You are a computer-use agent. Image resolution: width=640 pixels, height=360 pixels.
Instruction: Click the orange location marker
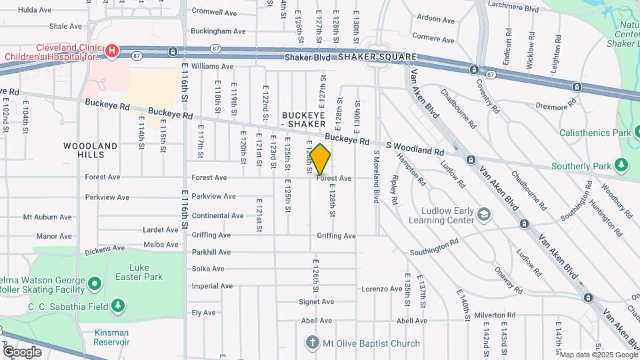[320, 159]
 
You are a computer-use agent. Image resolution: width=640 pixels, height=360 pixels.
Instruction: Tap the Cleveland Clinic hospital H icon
[112, 50]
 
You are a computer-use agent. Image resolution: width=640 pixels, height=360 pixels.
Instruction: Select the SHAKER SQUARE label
[377, 57]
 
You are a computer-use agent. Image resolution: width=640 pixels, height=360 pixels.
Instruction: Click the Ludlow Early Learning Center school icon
[483, 213]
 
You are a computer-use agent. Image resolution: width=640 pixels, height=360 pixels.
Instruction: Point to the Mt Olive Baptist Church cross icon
[311, 343]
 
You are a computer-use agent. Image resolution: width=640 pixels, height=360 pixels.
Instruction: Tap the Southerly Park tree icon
[621, 164]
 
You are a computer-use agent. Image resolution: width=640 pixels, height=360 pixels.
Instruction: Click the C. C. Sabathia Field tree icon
[118, 306]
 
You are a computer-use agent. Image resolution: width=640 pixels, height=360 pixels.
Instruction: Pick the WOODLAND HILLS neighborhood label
[91, 150]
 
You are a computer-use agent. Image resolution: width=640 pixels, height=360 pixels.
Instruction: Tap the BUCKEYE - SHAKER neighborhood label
[303, 120]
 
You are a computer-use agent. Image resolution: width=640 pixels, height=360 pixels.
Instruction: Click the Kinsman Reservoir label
[111, 337]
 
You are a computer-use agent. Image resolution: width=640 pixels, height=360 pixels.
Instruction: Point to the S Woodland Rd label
[415, 148]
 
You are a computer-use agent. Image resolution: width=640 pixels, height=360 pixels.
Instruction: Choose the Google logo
[22, 351]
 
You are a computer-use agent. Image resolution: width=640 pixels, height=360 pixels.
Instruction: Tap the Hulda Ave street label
[36, 10]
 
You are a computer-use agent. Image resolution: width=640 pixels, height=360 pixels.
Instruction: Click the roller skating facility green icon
[95, 285]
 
